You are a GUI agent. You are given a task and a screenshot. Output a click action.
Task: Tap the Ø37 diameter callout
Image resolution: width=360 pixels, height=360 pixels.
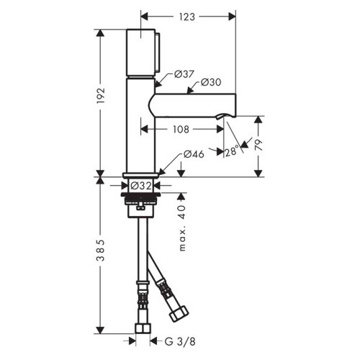click(x=184, y=74)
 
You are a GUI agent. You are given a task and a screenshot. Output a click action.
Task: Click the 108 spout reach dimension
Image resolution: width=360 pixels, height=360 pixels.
click(x=180, y=130)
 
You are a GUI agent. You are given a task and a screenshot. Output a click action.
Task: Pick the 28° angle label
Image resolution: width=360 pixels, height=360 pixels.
click(x=231, y=151)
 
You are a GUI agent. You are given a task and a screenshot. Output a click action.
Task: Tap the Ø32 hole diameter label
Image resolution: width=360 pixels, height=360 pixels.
click(x=140, y=185)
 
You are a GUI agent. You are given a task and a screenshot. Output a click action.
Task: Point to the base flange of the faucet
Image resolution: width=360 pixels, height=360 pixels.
click(x=141, y=175)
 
